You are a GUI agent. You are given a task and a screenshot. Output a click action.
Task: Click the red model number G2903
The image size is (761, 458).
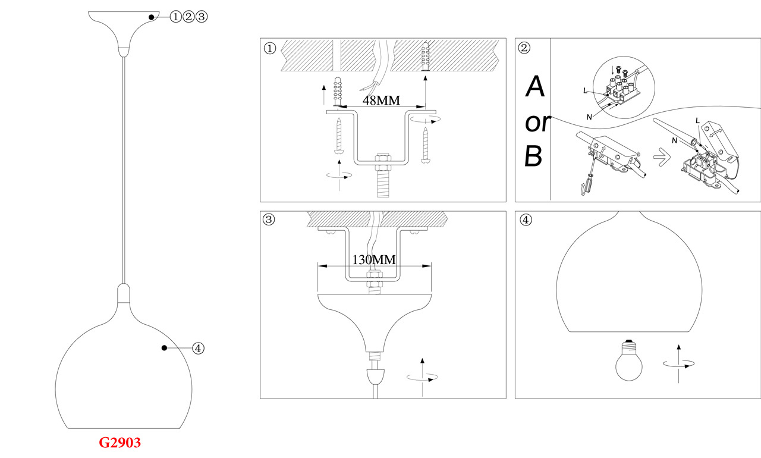click(x=120, y=443)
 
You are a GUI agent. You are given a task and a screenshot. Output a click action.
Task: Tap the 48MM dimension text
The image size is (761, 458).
click(x=381, y=100)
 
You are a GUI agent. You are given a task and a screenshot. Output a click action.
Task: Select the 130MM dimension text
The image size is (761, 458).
click(x=374, y=260)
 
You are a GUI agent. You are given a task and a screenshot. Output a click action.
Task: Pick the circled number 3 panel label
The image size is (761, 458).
click(x=270, y=220)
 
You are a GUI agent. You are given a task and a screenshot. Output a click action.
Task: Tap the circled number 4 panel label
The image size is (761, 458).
click(x=525, y=220)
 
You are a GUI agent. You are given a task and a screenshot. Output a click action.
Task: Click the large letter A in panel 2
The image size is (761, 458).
click(x=535, y=87)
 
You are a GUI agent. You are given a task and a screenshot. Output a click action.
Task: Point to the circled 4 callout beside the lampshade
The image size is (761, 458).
click(x=199, y=349)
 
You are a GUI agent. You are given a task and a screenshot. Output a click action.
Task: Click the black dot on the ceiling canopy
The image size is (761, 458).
click(x=152, y=17)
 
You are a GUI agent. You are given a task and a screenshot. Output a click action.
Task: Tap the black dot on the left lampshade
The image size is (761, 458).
click(x=165, y=348)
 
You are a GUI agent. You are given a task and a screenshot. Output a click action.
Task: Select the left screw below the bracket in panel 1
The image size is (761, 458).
click(x=338, y=136)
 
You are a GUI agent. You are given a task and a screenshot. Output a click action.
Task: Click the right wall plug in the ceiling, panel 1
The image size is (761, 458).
click(x=426, y=57)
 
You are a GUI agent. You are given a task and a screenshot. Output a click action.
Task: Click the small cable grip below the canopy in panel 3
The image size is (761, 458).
click(x=374, y=376)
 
